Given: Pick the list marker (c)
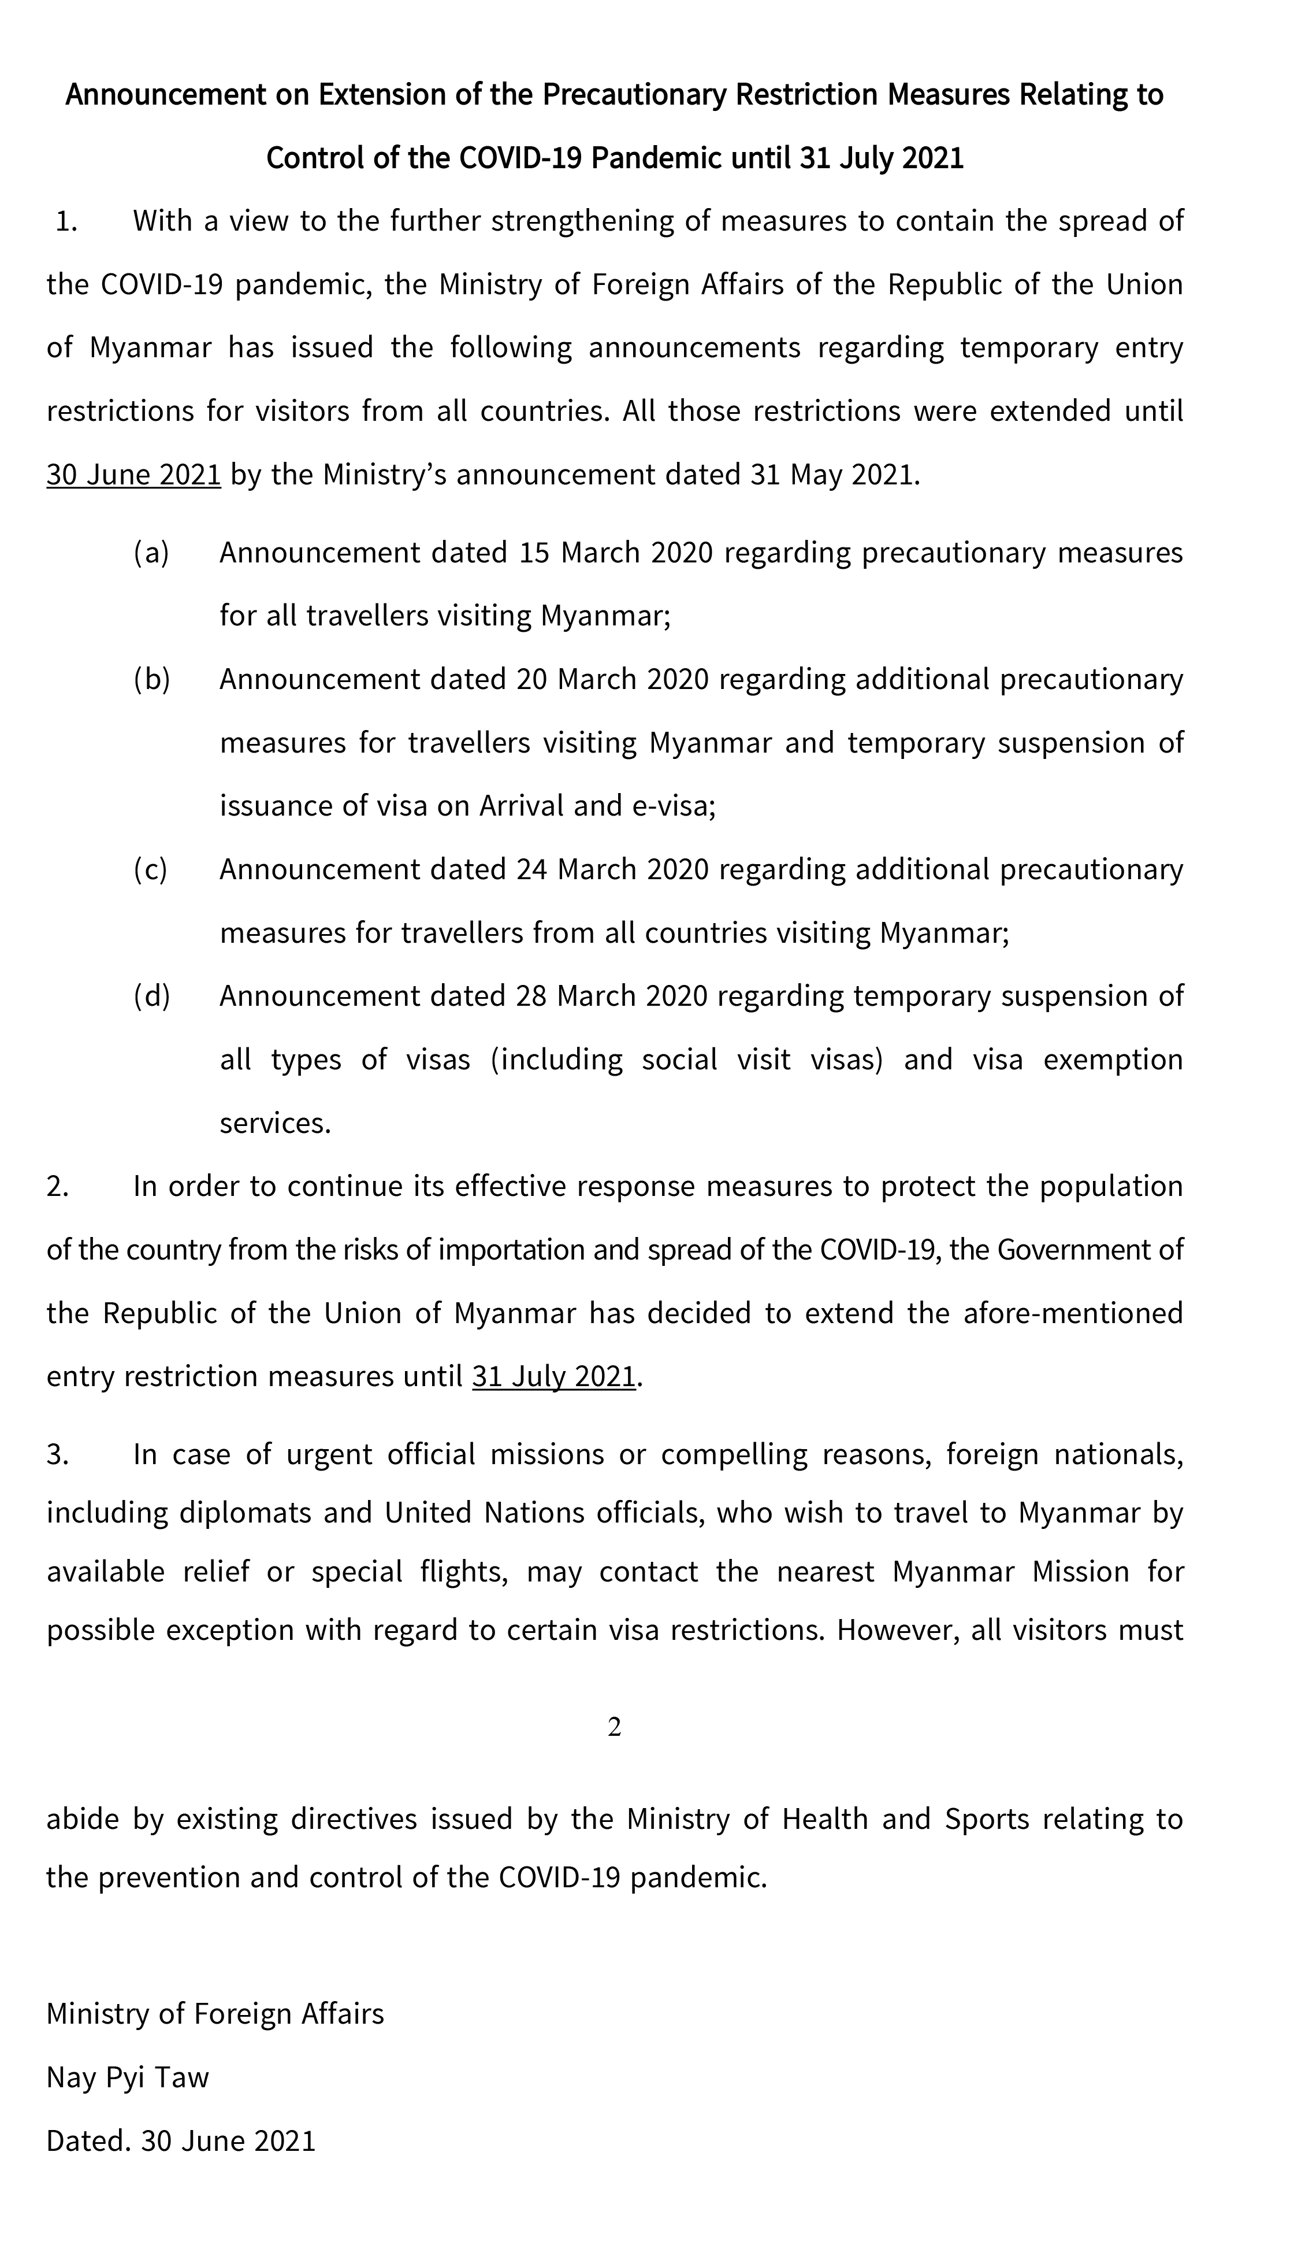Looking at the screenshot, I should point(151,869).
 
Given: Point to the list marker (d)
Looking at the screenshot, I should point(151,995).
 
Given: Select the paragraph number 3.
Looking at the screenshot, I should point(57,1455).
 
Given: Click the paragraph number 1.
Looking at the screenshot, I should point(66,221).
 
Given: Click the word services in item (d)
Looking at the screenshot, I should point(275,1123).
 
